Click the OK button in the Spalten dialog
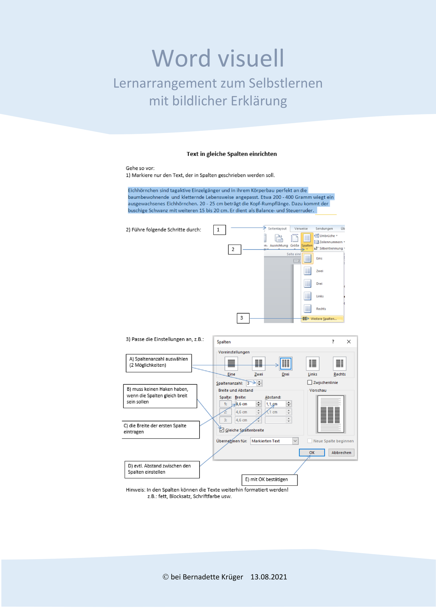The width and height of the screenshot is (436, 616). click(x=312, y=452)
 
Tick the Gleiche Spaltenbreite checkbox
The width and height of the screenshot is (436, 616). click(x=222, y=430)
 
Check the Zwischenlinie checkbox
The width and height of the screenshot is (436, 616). click(x=310, y=382)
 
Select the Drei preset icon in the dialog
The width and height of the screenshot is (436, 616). click(x=286, y=363)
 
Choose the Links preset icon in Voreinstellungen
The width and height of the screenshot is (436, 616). click(x=312, y=363)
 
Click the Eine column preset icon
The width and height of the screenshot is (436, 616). click(x=231, y=363)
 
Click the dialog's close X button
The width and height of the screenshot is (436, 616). click(x=349, y=342)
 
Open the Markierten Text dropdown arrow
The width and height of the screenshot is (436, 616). click(x=295, y=441)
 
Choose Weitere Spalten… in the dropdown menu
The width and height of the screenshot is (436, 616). click(x=323, y=318)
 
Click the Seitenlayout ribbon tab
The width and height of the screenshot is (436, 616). click(x=277, y=229)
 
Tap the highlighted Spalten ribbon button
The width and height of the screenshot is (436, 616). click(x=307, y=241)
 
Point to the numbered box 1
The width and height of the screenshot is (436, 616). click(x=220, y=230)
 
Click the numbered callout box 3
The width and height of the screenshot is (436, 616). click(x=243, y=318)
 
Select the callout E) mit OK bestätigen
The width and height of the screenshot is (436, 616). click(x=269, y=480)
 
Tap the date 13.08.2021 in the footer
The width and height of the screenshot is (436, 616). click(x=269, y=577)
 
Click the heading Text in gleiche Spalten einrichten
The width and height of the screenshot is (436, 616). click(x=232, y=154)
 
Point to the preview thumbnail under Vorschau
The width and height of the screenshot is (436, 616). click(x=330, y=414)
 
